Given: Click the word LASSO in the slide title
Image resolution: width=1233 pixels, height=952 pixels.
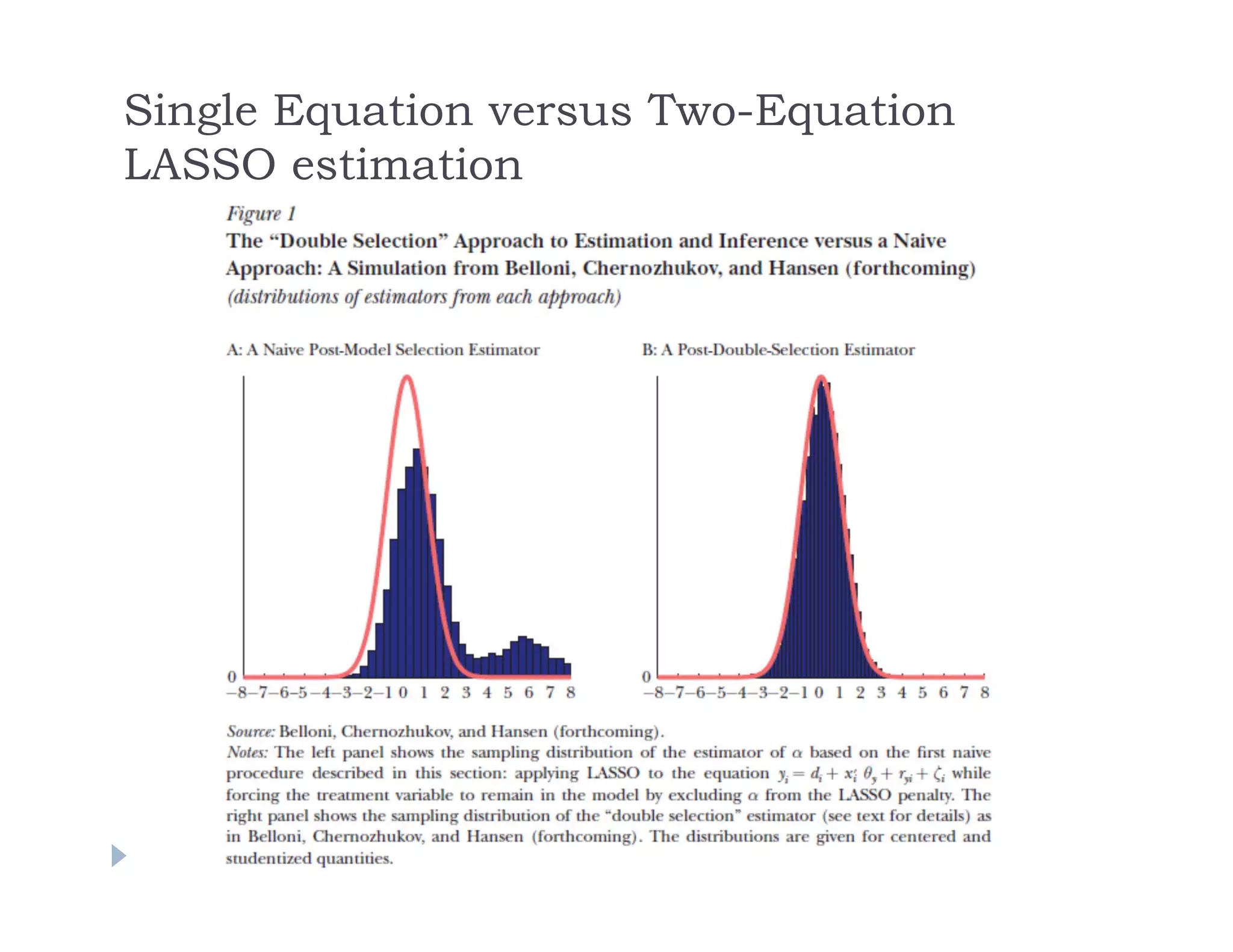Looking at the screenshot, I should (x=200, y=165).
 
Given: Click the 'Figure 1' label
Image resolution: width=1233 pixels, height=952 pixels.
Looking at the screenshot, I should (x=261, y=214).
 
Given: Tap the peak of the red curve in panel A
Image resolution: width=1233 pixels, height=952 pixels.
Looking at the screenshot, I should (x=407, y=377).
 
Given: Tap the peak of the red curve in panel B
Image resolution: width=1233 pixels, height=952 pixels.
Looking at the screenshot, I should (x=821, y=378).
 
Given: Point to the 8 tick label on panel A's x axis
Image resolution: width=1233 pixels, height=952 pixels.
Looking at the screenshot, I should (x=570, y=693).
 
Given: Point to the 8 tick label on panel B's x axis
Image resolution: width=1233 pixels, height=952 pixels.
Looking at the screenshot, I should (x=984, y=693).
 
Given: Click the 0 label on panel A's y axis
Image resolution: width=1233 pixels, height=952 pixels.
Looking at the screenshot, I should (x=232, y=677).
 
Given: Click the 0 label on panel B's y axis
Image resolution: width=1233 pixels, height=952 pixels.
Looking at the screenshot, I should (x=646, y=677).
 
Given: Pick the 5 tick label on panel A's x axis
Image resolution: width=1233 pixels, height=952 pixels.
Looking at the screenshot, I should (x=508, y=693).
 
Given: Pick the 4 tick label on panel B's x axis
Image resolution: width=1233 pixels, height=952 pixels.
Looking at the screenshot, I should (x=901, y=693).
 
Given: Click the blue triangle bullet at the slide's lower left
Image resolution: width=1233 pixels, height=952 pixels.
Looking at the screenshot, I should (x=119, y=855).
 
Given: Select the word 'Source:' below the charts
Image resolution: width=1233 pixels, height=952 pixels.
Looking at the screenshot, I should (x=250, y=732).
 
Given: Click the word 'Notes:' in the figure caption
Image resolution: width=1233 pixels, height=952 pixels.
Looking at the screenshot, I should (x=247, y=753).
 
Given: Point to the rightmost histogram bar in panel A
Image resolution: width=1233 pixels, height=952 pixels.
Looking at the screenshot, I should (x=567, y=670).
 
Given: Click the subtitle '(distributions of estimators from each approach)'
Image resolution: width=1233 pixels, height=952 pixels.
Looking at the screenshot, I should (x=424, y=297).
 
